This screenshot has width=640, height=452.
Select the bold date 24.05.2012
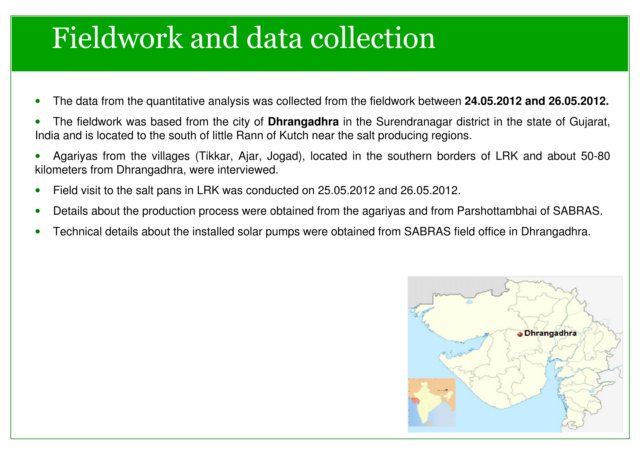coord(493,101)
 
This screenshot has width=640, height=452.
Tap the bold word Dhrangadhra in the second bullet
coord(303,122)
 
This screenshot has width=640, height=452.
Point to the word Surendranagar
coord(414,122)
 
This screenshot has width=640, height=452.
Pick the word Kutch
coord(294,136)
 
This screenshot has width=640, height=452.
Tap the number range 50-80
coord(595,156)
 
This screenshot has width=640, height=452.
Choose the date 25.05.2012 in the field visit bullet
coord(346,191)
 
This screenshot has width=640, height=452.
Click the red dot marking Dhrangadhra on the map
coord(520,334)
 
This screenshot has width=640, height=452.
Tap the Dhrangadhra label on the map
coord(550,333)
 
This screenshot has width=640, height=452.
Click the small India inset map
coord(432,402)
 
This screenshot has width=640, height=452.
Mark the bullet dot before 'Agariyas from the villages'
coord(38,156)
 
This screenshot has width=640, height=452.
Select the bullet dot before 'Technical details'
coord(38,232)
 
